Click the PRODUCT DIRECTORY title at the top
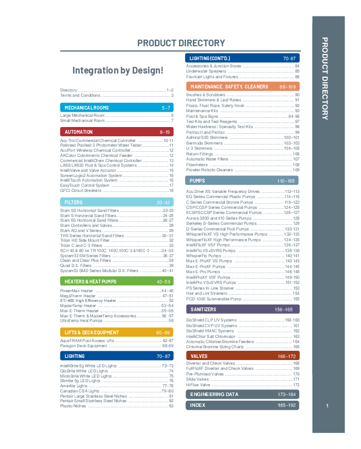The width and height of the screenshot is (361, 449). (x=181, y=43)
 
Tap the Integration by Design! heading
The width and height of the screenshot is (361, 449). (x=118, y=70)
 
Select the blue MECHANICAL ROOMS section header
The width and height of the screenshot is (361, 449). (x=117, y=108)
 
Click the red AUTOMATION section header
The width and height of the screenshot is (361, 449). (x=117, y=132)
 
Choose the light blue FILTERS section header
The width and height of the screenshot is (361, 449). (x=117, y=203)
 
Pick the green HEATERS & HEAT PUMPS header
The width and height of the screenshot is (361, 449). (x=117, y=282)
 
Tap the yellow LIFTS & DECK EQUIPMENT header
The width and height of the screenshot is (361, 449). (x=117, y=333)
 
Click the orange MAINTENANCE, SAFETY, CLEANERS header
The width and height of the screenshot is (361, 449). (x=242, y=86)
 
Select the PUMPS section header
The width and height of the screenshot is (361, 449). (x=242, y=181)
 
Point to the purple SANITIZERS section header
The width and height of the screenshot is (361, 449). (x=242, y=310)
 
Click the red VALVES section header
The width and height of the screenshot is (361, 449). (x=242, y=356)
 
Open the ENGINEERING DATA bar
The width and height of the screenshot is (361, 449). (x=242, y=394)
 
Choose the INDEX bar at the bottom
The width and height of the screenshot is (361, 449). (x=242, y=405)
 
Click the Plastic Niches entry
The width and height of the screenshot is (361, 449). (x=73, y=406)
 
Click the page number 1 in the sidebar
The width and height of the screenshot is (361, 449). (x=328, y=406)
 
